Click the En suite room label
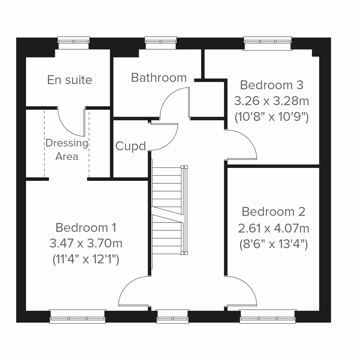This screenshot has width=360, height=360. [70, 80]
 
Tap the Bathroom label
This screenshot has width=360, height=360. [159, 78]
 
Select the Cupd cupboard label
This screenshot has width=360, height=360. [130, 146]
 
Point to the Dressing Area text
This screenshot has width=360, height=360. [67, 150]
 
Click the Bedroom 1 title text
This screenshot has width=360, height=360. [86, 228]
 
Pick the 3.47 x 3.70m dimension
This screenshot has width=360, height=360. [86, 243]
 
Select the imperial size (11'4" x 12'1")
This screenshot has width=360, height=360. [86, 259]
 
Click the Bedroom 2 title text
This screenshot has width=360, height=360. [273, 212]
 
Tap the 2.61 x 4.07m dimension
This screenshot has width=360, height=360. [273, 229]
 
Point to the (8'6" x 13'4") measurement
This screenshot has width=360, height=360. [273, 244]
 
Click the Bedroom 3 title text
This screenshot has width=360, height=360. [271, 85]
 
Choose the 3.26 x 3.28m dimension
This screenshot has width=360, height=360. [271, 101]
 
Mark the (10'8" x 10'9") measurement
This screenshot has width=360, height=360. [271, 117]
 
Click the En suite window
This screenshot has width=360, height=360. [73, 42]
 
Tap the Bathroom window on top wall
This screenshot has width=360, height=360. [161, 42]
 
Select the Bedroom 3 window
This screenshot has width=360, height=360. [268, 43]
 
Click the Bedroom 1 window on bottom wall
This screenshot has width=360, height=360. [77, 316]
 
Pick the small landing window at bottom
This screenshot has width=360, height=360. [172, 317]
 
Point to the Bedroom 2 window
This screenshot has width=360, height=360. [268, 316]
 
